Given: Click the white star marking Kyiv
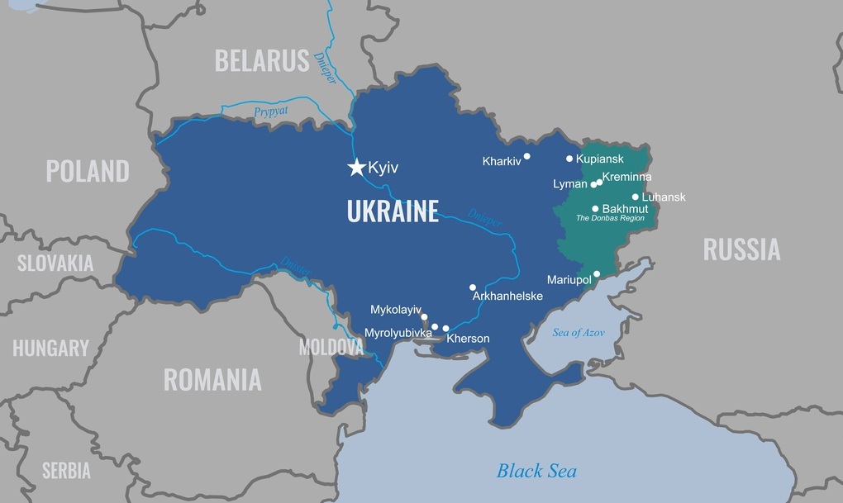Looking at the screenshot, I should click(x=356, y=168).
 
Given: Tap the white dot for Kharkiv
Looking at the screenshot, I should click(x=526, y=155).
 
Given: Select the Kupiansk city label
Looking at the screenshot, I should click(x=601, y=159).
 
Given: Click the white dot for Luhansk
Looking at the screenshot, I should click(x=636, y=197).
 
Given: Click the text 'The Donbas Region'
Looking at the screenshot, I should click(x=611, y=219).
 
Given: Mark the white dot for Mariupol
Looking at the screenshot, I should click(x=597, y=273).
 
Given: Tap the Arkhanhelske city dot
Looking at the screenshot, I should click(x=473, y=287).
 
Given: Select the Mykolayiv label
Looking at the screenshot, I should click(x=396, y=311).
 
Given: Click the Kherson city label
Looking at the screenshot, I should click(x=468, y=339).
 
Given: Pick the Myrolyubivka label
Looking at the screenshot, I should click(x=398, y=333).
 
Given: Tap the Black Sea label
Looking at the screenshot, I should click(x=536, y=471).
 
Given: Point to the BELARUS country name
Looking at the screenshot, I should click(x=262, y=60).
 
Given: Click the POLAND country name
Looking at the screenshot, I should click(x=88, y=171).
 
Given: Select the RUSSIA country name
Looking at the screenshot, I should click(x=741, y=249).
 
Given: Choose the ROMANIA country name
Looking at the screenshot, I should click(x=212, y=379).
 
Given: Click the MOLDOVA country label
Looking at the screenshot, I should click(x=331, y=347).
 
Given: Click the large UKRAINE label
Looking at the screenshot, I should click(x=393, y=211).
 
